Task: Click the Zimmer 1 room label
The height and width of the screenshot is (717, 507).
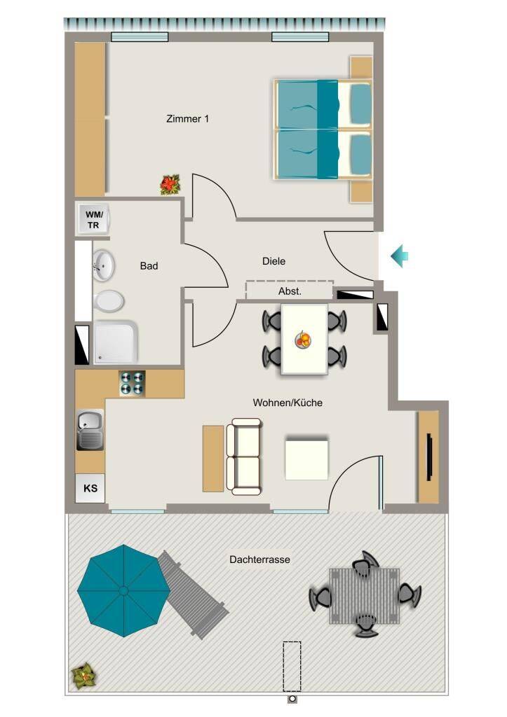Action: click(x=187, y=119)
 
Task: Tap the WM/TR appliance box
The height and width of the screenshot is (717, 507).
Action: click(x=93, y=219)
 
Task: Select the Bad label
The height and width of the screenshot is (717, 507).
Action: click(x=149, y=265)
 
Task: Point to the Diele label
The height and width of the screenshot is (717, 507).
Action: click(x=273, y=261)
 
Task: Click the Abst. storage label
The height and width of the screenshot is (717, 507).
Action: click(x=290, y=291)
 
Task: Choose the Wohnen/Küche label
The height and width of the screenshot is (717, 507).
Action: click(x=288, y=403)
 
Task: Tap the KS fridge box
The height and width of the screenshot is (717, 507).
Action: click(x=90, y=488)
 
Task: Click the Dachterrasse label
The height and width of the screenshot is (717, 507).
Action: click(x=259, y=559)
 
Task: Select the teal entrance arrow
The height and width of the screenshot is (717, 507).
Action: click(x=400, y=256)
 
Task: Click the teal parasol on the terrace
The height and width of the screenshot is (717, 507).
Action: click(x=123, y=590)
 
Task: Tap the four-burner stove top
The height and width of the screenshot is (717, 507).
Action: click(x=132, y=383)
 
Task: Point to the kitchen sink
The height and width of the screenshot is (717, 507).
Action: click(x=90, y=430)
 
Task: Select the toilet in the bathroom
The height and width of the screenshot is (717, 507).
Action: click(x=109, y=302)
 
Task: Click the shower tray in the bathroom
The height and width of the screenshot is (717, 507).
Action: click(x=115, y=342)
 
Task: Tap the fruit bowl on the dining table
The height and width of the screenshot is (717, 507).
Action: click(x=303, y=340)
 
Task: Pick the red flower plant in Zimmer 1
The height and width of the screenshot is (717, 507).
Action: click(x=170, y=185)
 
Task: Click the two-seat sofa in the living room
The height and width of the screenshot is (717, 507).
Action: click(x=245, y=457)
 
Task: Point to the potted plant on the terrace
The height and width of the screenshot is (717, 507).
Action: click(x=84, y=676)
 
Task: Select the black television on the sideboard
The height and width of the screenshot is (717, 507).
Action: click(x=429, y=457)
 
